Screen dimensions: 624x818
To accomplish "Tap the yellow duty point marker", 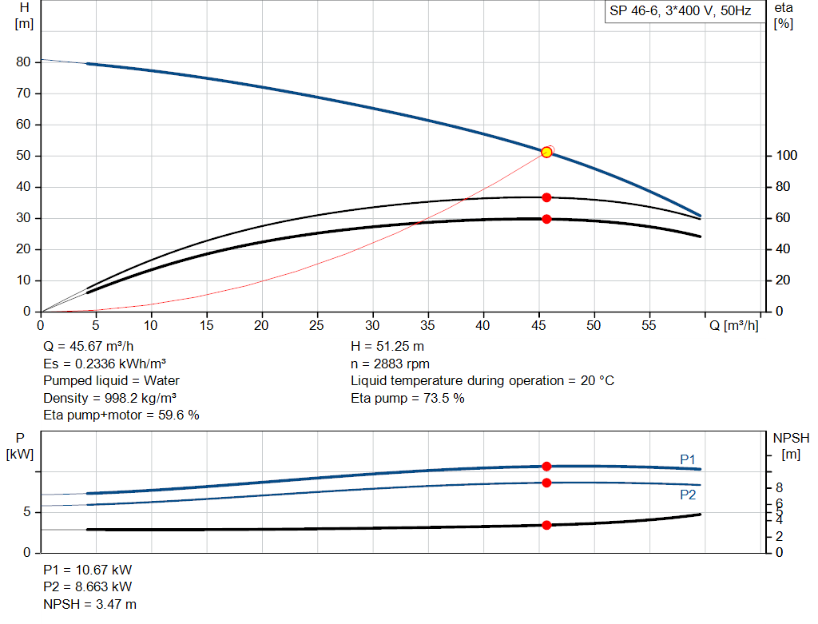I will pos(546,152).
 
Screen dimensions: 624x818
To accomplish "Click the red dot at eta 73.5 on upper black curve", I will pos(546,197).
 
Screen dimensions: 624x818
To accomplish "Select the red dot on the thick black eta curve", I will pos(546,219).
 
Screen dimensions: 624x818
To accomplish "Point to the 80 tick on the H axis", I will pos(23,62).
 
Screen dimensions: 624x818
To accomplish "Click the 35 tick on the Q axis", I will pos(427,325).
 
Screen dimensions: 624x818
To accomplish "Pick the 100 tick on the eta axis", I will pos(785,156).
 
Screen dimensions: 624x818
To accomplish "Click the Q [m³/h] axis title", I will pos(733,325).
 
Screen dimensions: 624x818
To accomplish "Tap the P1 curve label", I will pos(688,459).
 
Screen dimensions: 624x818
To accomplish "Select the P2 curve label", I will pos(688,495).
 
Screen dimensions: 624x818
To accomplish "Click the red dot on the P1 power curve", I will pos(546,466).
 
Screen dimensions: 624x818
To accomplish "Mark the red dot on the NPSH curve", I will pos(546,525).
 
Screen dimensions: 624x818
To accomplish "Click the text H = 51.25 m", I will pos(387,347).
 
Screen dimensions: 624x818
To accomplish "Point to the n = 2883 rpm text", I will pos(390,364).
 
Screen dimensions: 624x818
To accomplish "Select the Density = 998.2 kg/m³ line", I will pos(110,397).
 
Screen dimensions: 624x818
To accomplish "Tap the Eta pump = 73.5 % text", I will pos(407,397).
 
